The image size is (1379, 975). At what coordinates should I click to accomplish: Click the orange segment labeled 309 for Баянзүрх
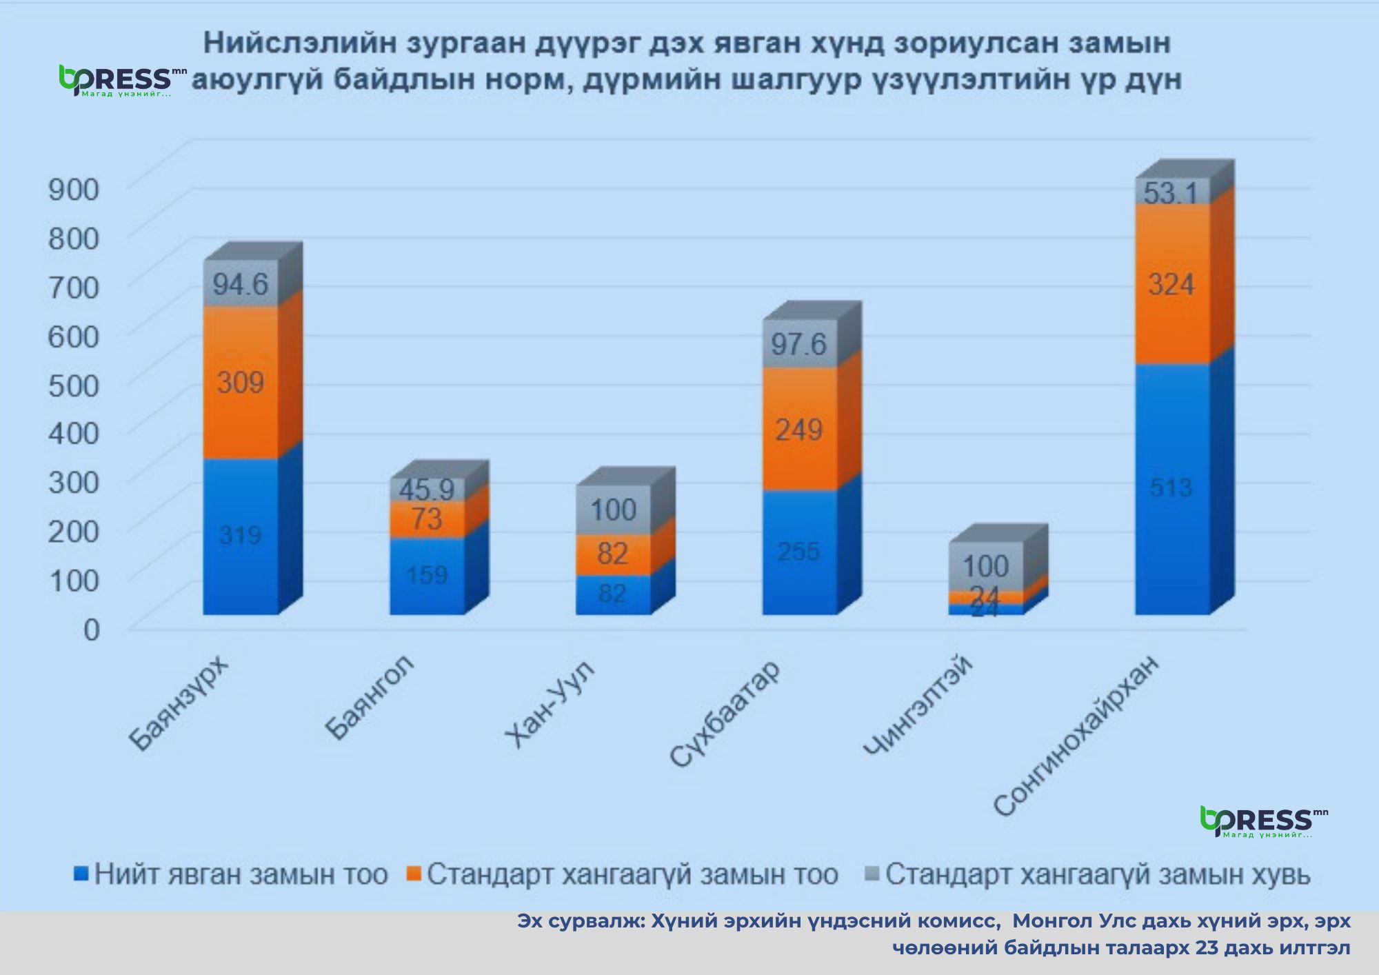click(241, 383)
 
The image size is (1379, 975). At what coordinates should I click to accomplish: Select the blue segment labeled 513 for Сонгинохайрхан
click(1172, 488)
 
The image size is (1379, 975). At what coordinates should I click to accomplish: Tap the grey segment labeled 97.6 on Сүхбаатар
click(799, 343)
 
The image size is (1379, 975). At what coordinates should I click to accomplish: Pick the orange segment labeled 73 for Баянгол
click(427, 519)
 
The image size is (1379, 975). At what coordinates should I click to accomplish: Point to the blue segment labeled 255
click(799, 552)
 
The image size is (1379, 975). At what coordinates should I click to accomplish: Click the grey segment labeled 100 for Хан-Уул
click(613, 510)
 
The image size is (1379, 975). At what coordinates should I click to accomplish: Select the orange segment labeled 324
click(1172, 284)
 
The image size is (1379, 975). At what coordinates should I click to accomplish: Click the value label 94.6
click(241, 284)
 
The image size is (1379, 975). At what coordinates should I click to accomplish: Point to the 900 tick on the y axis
click(74, 189)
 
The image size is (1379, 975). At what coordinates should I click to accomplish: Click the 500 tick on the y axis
click(74, 385)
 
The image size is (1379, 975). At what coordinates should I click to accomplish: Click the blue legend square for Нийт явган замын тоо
click(81, 874)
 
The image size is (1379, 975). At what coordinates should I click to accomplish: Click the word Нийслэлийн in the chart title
click(300, 43)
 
